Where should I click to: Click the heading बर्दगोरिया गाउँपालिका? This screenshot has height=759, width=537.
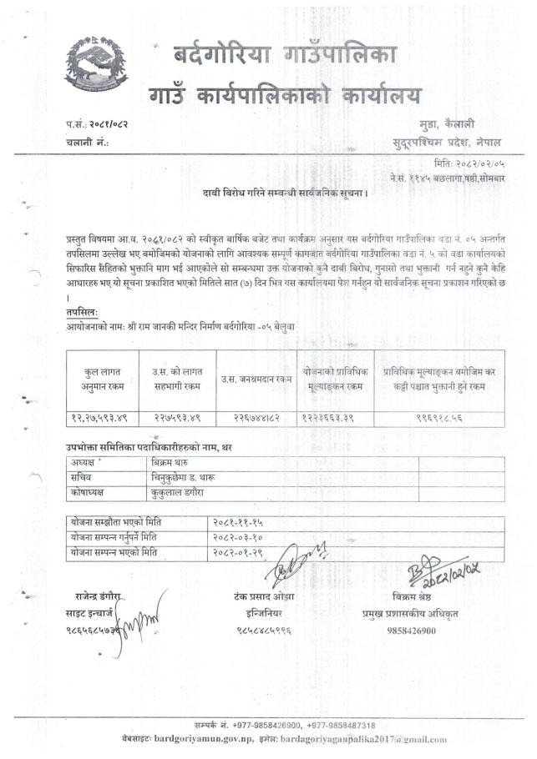click(286, 57)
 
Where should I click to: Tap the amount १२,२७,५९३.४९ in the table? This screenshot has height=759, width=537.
click(99, 415)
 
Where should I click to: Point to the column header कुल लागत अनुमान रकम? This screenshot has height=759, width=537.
click(99, 377)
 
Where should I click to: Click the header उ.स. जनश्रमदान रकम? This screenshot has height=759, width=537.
click(256, 379)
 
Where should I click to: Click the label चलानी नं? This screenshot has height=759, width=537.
click(87, 143)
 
